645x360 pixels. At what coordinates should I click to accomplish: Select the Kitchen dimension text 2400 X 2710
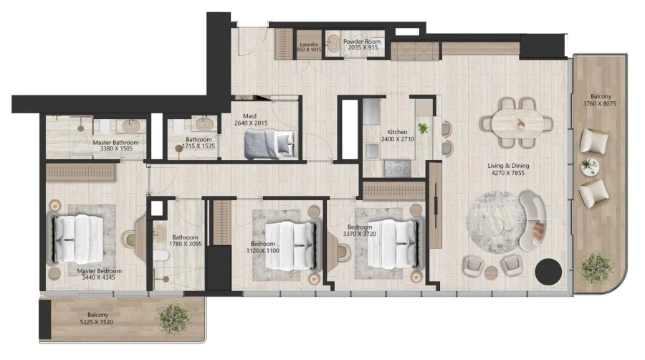397,139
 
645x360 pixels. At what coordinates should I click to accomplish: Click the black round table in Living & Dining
548,271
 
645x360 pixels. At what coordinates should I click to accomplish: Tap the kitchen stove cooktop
397,168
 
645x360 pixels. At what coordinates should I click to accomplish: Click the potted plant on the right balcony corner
595,266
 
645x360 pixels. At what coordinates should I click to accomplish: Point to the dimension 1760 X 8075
601,103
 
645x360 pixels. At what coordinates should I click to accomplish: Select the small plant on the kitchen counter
424,128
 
